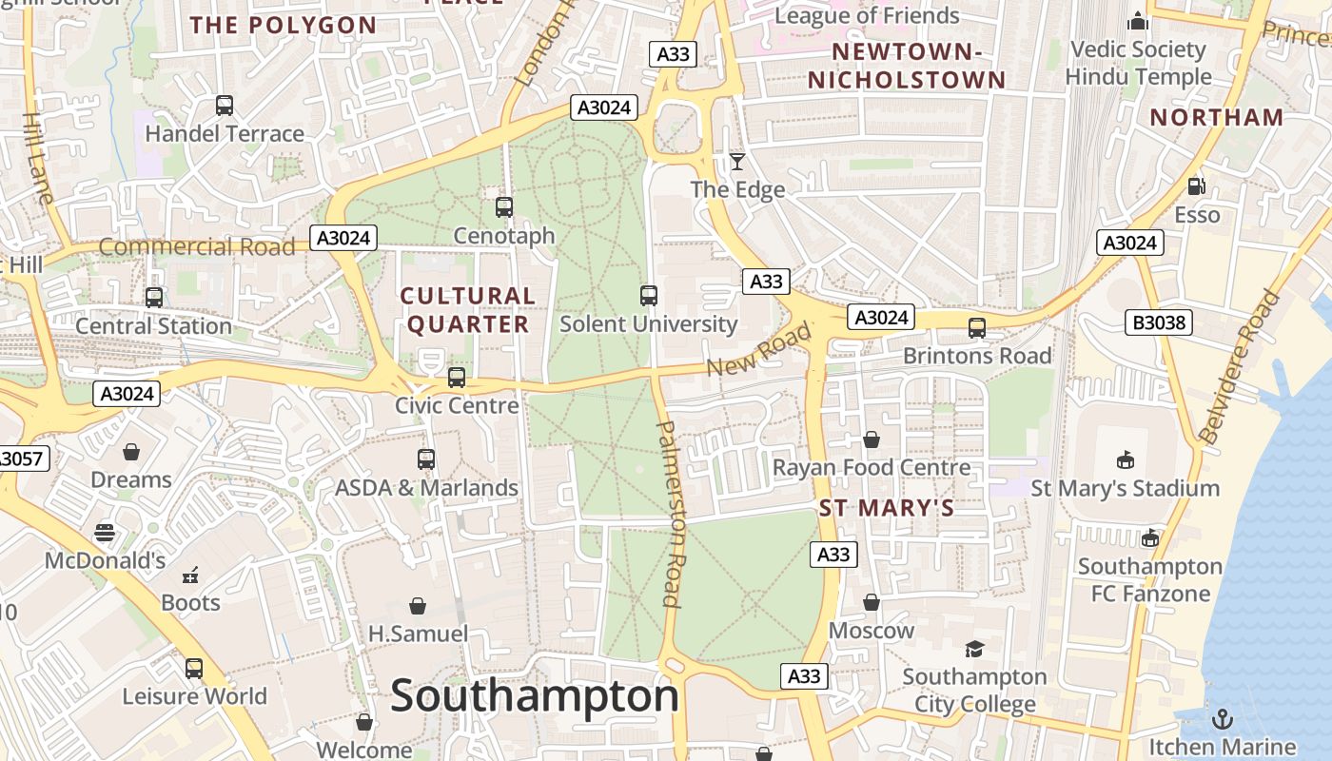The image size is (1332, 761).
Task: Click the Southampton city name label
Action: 535,695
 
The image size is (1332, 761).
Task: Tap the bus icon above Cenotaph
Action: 504,206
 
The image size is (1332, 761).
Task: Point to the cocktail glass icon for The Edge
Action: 736,162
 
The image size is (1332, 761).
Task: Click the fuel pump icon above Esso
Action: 1196,187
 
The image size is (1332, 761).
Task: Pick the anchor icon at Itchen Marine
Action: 1221,718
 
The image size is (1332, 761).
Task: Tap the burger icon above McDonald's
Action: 105,533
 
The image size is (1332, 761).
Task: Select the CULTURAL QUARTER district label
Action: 467,310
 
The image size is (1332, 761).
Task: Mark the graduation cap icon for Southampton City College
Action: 974,649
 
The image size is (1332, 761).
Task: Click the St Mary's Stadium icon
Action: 1125,460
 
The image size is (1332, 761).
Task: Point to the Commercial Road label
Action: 197,247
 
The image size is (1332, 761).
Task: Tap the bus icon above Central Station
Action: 154,298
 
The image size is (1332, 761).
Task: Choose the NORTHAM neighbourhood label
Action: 1217,118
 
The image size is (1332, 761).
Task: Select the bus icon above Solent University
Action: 649,296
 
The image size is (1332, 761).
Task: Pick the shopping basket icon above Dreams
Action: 131,452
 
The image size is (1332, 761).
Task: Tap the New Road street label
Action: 759,349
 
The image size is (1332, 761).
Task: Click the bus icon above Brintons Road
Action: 977,328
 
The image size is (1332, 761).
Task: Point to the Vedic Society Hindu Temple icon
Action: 1137,21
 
